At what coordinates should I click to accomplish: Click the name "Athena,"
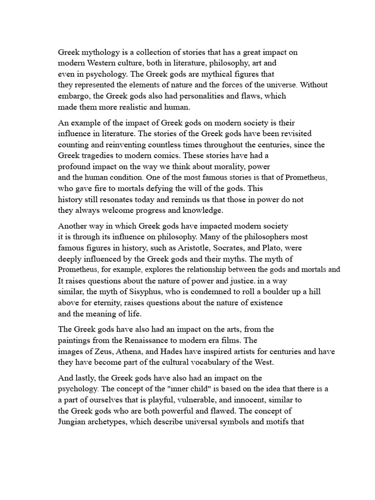click(123, 353)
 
